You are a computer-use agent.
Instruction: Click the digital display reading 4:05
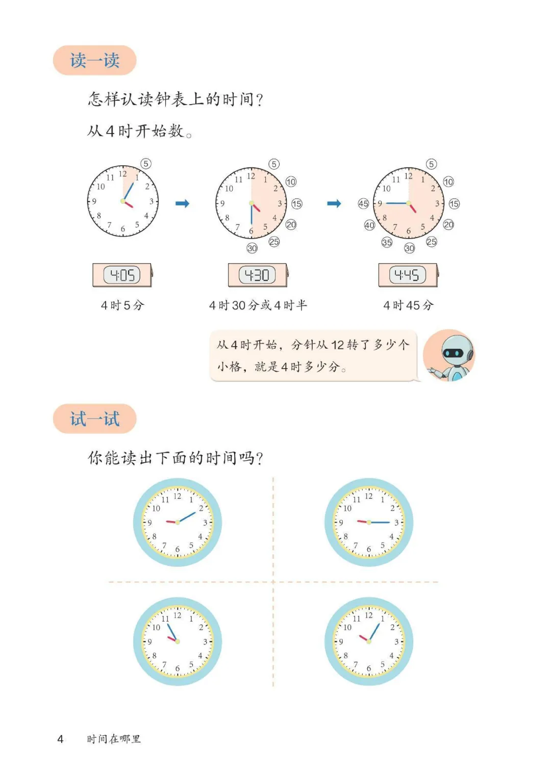[x=122, y=275]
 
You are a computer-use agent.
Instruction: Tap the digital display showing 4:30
[x=257, y=275]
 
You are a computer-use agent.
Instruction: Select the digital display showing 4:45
[x=407, y=275]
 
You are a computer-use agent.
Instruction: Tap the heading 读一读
[x=94, y=60]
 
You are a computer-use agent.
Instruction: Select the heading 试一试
[x=94, y=419]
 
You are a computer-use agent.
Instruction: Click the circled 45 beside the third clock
[x=363, y=203]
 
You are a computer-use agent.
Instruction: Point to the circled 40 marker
[x=369, y=225]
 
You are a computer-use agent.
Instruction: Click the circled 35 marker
[x=387, y=242]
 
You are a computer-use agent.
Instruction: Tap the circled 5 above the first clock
[x=146, y=164]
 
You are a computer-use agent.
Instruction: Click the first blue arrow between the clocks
[x=182, y=203]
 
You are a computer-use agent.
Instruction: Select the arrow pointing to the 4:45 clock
[x=334, y=203]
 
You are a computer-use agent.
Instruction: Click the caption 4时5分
[x=122, y=305]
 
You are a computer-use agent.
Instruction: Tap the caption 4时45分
[x=408, y=305]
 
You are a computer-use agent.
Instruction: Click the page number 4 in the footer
[x=60, y=739]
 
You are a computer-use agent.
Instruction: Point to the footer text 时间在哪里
[x=114, y=739]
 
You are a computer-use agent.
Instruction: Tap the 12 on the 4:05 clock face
[x=123, y=174]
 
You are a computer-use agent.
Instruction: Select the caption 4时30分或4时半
[x=258, y=305]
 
